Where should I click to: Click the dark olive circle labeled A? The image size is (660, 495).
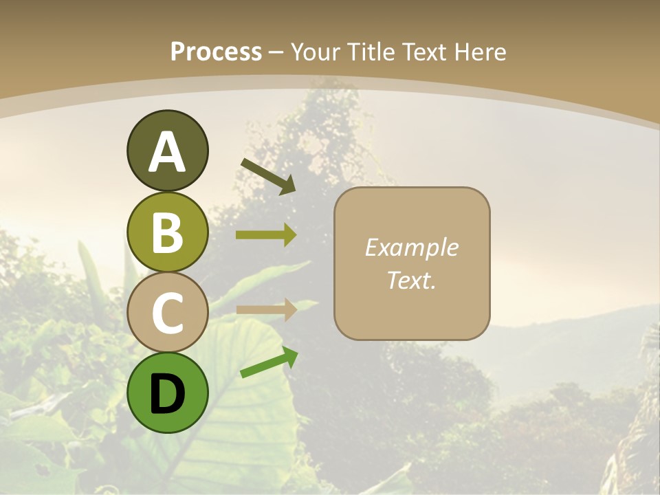click(x=167, y=151)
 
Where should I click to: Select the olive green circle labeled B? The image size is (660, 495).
click(x=167, y=232)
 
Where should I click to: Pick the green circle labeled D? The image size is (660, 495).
click(x=167, y=393)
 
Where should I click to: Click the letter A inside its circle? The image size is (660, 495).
click(x=167, y=152)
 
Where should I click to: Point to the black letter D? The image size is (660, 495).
click(x=167, y=394)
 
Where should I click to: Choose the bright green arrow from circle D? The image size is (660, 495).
click(x=269, y=362)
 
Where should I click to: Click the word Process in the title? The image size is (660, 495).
click(x=216, y=52)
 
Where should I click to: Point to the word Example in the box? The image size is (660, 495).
click(x=411, y=247)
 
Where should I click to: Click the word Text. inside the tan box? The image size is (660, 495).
click(x=411, y=280)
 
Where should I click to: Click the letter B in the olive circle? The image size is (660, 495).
click(x=167, y=232)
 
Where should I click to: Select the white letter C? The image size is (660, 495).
click(x=167, y=313)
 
